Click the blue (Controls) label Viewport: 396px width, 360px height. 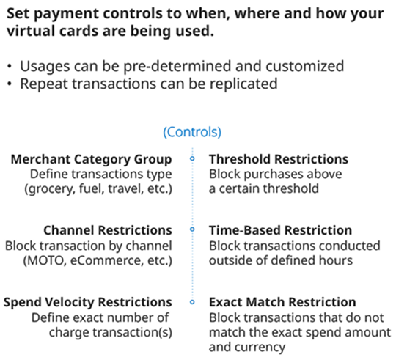[192, 132]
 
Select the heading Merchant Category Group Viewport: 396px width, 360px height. [91, 160]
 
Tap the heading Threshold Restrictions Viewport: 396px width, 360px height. [279, 159]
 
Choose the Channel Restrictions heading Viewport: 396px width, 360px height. [108, 230]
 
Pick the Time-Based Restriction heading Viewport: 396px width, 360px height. [280, 230]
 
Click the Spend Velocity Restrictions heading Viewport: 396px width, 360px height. [88, 302]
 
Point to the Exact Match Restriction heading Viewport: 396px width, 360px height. [282, 302]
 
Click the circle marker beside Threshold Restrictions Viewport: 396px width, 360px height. [192, 158]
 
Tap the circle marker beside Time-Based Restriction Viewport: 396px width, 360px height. [192, 229]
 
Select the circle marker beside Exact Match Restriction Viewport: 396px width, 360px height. [192, 302]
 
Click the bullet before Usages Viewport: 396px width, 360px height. [10, 67]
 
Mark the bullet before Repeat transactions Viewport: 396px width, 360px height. [10, 84]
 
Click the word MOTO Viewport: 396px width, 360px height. [45, 261]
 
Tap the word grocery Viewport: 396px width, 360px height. [50, 189]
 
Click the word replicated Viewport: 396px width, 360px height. [243, 84]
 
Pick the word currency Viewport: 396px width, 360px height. [260, 348]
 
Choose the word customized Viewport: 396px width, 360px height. [304, 67]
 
